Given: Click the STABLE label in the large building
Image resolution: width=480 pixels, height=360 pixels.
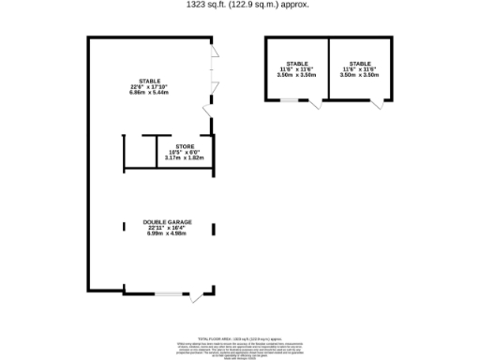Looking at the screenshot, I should coord(149,82).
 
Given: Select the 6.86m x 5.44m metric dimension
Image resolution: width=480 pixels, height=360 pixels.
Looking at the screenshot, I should coord(149,95).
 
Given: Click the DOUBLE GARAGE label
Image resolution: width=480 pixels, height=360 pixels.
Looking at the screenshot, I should coord(168,222).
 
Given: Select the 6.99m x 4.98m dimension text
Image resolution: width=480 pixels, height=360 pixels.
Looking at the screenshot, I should coord(168,233).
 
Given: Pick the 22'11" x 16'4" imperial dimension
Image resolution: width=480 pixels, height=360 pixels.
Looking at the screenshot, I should coord(168,228).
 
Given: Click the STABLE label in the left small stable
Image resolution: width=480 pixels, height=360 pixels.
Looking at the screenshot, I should coord(297,63).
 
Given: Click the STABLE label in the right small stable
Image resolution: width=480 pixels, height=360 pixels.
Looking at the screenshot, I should coord(359,63).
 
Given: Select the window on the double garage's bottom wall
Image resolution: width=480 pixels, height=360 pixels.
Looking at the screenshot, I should coord(171,294).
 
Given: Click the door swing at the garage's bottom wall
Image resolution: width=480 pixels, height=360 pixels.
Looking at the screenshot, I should coord(196,299).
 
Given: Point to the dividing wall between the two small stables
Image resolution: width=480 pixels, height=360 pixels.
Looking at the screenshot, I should coord(327,69).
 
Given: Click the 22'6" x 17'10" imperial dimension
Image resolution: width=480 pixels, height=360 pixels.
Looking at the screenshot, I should coord(149,88).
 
